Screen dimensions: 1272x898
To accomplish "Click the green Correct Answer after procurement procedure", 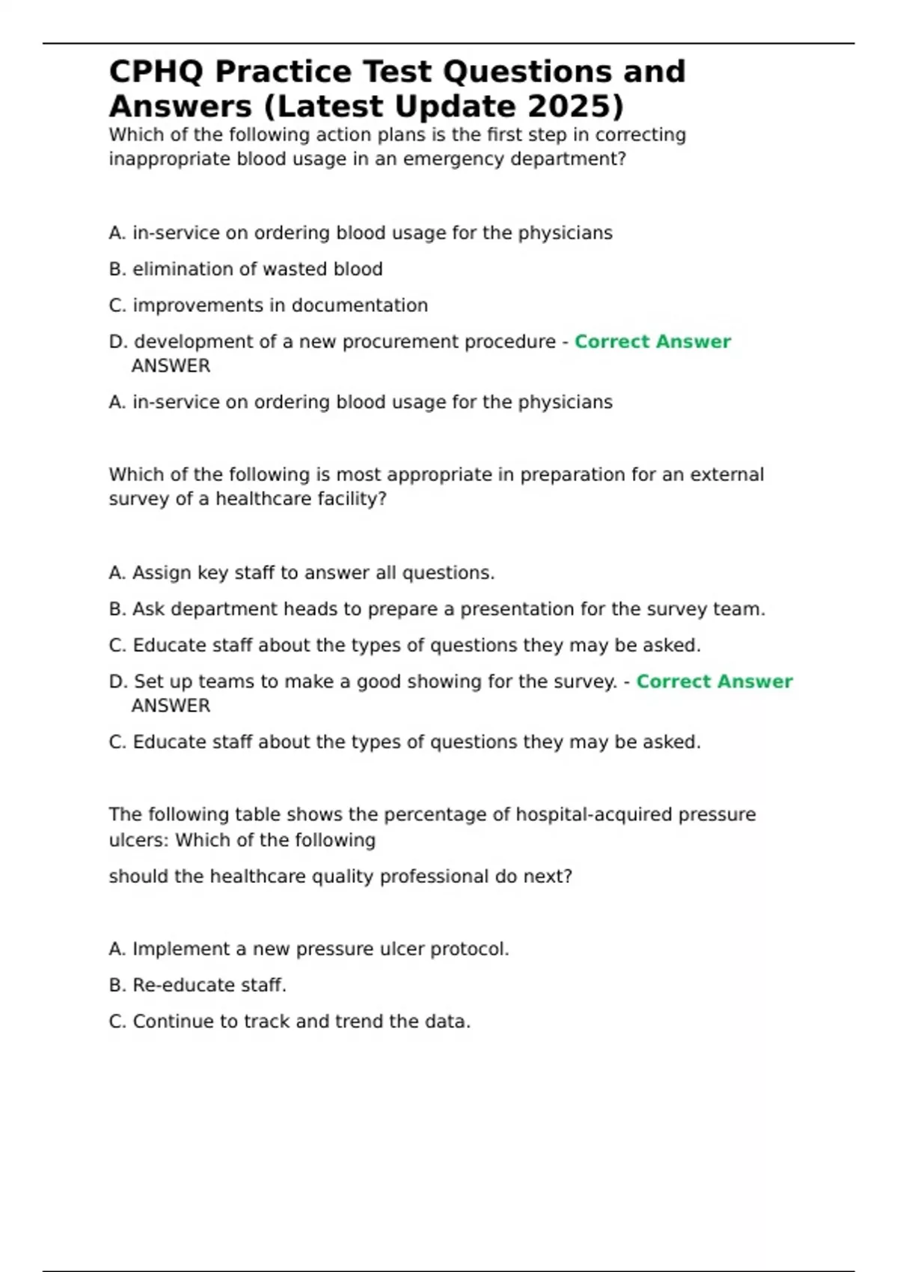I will click(x=653, y=342).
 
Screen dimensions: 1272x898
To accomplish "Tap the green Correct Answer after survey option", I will click(x=714, y=682).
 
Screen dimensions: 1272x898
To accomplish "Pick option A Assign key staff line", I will click(x=302, y=573).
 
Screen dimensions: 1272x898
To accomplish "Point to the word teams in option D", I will click(x=227, y=682).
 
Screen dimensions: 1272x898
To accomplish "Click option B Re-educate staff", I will click(x=198, y=985).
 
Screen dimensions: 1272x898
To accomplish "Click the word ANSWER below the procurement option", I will click(x=171, y=366).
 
